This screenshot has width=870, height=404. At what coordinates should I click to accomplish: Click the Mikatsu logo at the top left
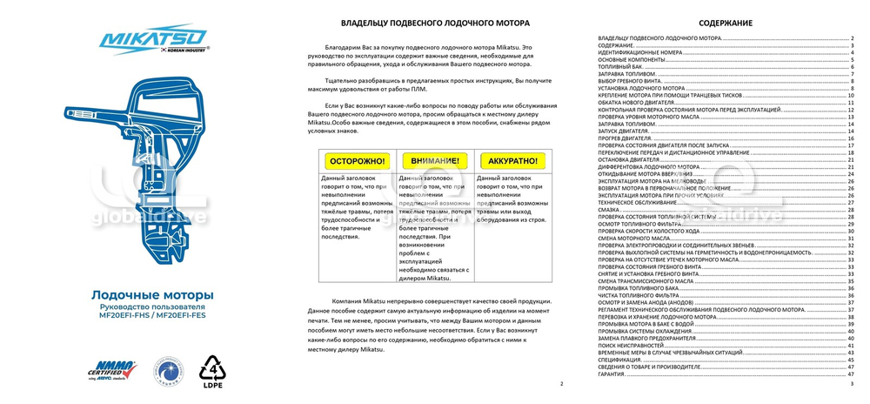coord(152,39)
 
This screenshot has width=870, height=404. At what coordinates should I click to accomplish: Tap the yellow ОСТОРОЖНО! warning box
coord(358,160)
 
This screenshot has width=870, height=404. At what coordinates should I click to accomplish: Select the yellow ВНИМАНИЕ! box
coord(435,160)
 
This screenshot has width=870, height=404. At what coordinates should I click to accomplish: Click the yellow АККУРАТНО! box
coord(512,160)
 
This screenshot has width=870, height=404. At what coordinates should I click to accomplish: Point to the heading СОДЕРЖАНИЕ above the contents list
coord(725,23)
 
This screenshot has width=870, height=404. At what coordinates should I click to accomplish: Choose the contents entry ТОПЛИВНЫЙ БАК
coord(620,66)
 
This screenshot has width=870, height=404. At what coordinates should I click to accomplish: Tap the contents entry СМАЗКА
coord(609,209)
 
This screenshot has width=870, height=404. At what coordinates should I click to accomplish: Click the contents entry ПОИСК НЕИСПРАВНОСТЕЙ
coord(632,345)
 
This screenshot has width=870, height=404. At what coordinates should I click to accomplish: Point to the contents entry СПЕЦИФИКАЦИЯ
coord(620,359)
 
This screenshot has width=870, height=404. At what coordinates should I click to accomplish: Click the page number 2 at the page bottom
coord(561,383)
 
